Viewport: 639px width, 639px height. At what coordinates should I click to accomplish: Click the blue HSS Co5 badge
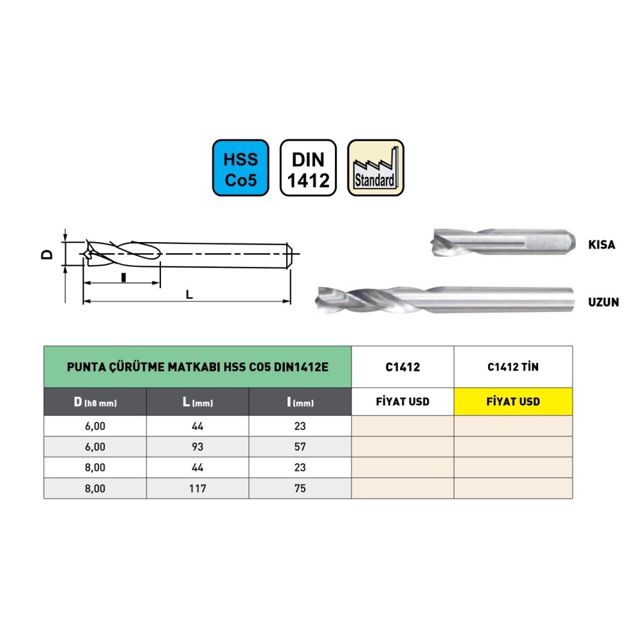click(240, 167)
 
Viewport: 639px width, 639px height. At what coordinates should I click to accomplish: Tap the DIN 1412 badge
click(308, 167)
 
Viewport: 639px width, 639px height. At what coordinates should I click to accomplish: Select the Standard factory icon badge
click(376, 167)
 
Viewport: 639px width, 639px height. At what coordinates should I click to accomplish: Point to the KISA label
click(601, 245)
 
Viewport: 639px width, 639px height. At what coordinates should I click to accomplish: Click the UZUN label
click(604, 302)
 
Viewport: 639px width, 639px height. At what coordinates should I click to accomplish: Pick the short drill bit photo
click(503, 242)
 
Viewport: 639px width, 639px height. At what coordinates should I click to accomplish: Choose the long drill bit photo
click(445, 300)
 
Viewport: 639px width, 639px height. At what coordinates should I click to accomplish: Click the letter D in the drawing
click(47, 255)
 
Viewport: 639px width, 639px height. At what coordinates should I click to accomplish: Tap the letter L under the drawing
click(189, 294)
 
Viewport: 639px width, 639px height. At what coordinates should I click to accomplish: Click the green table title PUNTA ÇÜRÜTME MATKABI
click(197, 367)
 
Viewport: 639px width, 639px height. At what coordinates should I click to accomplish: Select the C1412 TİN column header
click(513, 367)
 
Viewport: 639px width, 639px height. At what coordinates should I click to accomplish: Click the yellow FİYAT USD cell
click(513, 402)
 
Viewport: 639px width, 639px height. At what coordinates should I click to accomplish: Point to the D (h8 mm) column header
click(95, 402)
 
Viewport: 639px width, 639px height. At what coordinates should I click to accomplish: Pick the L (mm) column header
click(197, 402)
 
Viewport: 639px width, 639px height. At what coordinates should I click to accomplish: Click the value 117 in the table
click(197, 488)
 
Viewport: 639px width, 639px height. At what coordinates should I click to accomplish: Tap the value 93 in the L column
click(197, 447)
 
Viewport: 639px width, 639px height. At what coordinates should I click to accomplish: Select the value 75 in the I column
click(300, 488)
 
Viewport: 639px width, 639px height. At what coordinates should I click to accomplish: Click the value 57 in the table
click(300, 447)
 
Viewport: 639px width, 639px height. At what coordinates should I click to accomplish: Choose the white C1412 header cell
click(403, 367)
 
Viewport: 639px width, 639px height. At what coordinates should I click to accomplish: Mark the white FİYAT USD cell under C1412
click(403, 402)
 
